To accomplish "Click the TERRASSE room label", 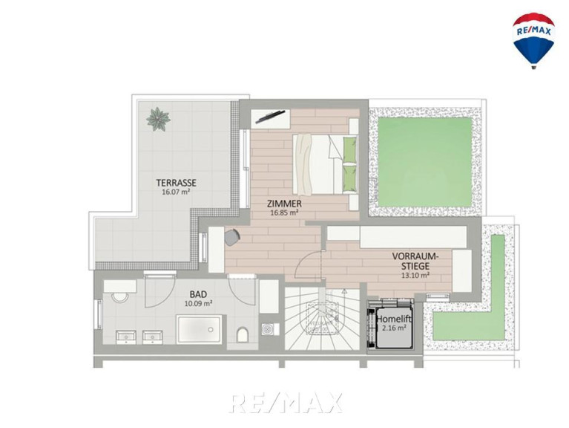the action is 176,182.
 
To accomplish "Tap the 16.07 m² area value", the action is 176,192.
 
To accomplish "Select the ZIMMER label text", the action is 284,204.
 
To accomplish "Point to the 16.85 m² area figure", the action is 284,213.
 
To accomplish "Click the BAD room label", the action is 198,294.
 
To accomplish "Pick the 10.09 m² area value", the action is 198,303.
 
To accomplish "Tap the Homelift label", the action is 394,320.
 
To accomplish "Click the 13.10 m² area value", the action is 415,275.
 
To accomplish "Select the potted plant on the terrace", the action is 158,119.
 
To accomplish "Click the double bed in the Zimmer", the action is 325,164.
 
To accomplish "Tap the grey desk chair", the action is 232,237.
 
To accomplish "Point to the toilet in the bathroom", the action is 242,334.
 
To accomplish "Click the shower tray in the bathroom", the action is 199,329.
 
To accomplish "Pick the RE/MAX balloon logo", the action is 533,40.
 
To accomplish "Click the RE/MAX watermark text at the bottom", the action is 286,403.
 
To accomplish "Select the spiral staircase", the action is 322,319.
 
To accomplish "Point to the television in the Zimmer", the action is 270,116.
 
